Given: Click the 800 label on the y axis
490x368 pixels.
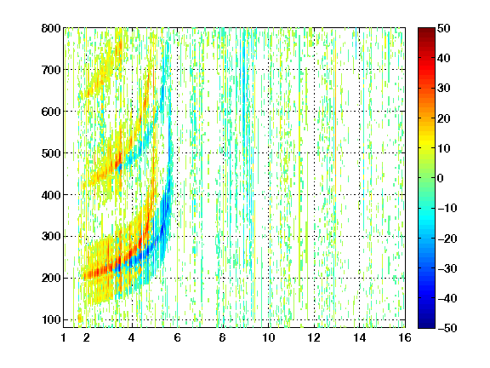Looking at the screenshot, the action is [x=51, y=28].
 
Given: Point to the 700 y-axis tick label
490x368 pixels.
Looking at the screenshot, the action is [x=51, y=70].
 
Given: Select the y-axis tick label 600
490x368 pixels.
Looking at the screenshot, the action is [x=51, y=112].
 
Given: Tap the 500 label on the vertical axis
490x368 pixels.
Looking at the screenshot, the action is [x=51, y=153].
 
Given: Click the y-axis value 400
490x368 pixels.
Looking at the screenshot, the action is [x=51, y=195].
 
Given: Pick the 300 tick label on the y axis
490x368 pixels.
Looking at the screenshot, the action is [x=51, y=237].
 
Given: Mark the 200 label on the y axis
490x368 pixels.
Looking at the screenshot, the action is [x=51, y=279].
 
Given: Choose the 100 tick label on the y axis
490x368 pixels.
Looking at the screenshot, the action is [x=51, y=319].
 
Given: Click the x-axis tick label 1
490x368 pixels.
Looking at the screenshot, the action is [x=64, y=337].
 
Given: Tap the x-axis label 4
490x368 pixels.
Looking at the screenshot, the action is [x=132, y=337].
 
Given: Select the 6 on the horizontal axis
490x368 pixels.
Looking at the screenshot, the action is [x=177, y=337].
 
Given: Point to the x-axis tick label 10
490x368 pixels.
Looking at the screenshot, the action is [x=269, y=337].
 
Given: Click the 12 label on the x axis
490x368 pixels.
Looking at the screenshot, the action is [x=314, y=337].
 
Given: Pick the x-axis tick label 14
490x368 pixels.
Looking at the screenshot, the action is [x=359, y=337].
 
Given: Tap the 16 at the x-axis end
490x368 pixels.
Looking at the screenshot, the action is [x=405, y=337].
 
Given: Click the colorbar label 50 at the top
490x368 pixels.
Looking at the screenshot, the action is [x=444, y=28].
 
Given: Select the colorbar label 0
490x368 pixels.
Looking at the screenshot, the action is [x=441, y=178].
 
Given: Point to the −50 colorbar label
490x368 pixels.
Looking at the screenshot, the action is [x=447, y=328].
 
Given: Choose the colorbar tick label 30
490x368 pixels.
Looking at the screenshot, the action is [x=444, y=89].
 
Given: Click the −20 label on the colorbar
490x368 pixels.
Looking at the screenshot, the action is [x=447, y=239].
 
